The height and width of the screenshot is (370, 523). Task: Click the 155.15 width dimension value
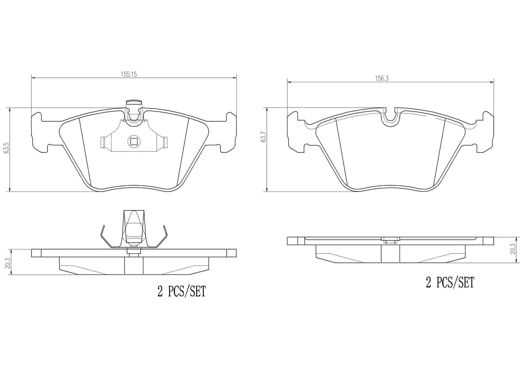pos(128,74)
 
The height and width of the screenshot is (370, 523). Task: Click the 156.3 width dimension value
pos(381,79)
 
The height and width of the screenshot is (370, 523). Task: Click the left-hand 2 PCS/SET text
pos(182,291)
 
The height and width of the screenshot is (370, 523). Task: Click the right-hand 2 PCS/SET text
pos(450,282)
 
